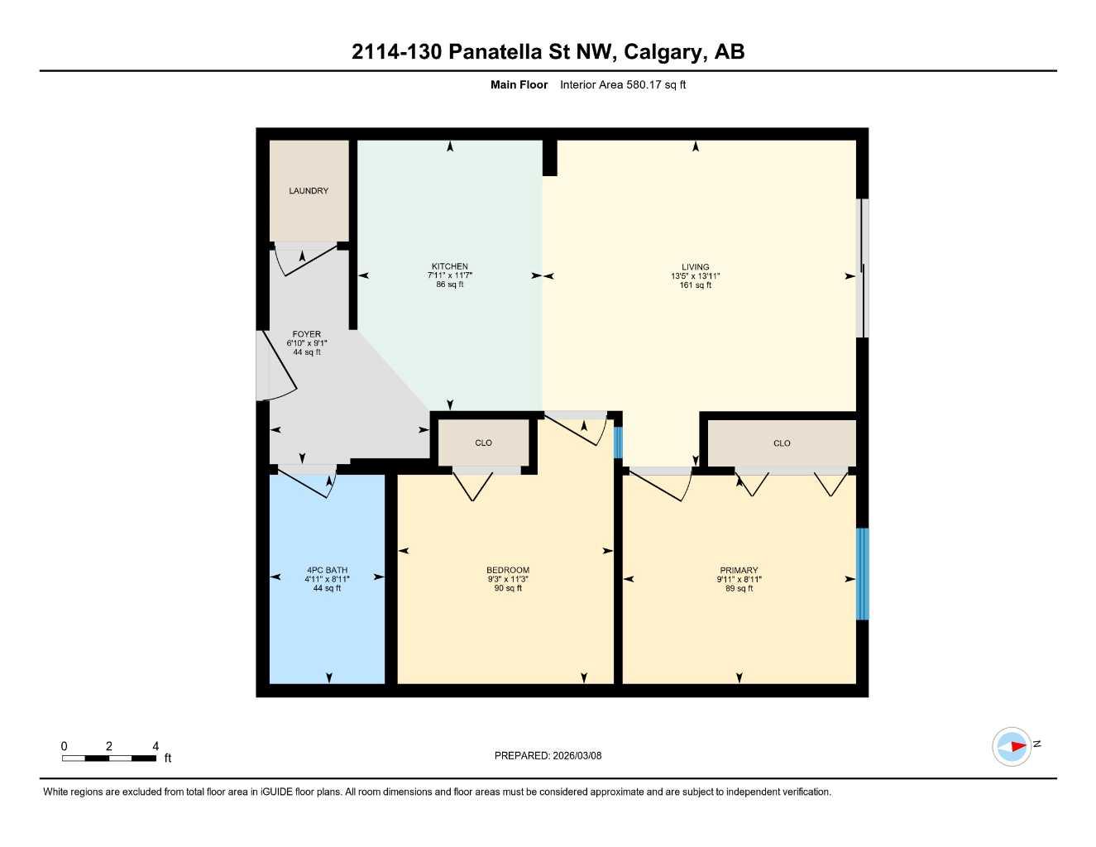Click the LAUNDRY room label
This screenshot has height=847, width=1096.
tap(309, 191)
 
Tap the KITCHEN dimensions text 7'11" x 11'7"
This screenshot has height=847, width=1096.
tap(450, 275)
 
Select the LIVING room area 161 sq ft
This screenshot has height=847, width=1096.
tap(696, 285)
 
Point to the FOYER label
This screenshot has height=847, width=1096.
tap(306, 334)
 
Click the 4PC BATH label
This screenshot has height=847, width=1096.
tap(327, 570)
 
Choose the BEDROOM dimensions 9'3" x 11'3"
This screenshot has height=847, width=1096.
tap(508, 579)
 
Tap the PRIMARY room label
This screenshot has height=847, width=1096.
tap(739, 570)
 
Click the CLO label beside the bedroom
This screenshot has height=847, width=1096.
tap(484, 443)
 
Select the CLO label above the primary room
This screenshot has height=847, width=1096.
tap(782, 443)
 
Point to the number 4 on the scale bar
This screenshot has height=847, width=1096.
tap(156, 746)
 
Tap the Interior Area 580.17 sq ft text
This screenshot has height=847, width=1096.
tap(623, 84)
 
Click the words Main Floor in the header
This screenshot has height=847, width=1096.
tap(519, 84)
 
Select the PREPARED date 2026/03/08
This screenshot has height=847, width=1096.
tap(577, 755)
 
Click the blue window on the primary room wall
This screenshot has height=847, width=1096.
tap(862, 573)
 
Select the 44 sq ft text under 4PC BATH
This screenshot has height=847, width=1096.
tap(327, 588)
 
